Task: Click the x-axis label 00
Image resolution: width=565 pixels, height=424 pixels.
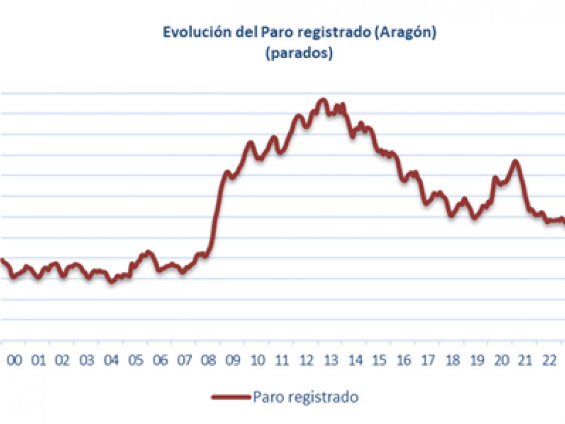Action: coord(14,361)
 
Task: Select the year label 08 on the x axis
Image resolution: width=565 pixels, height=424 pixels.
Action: coord(208,361)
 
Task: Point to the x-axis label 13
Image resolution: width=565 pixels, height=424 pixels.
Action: coord(331,361)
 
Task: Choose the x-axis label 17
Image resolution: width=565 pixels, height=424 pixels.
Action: coord(428,361)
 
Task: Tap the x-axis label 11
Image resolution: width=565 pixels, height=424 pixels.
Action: coord(282,361)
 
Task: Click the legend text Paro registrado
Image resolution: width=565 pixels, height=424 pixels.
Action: coord(305,397)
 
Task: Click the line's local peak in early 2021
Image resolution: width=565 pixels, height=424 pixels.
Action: coord(515,161)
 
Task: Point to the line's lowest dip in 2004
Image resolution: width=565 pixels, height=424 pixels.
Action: coord(112,281)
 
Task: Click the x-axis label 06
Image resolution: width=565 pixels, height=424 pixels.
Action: coord(160,361)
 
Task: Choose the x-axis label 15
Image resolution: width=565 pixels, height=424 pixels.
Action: coord(380,361)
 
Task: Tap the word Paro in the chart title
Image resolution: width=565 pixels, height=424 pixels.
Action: coord(274,32)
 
